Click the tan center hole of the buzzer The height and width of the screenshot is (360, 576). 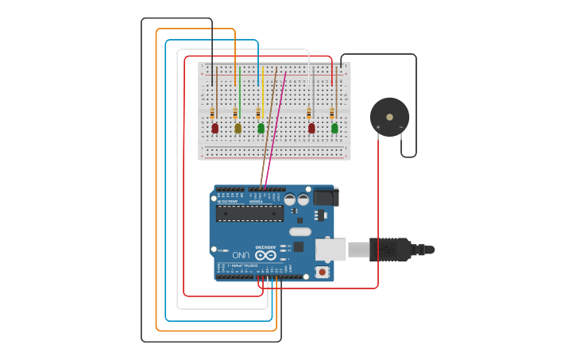pyautogui.click(x=389, y=117)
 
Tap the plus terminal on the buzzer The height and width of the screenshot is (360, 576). pyautogui.click(x=378, y=127)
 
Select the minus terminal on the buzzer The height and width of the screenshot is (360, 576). pyautogui.click(x=400, y=127)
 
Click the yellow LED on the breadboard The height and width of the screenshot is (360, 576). pyautogui.click(x=238, y=128)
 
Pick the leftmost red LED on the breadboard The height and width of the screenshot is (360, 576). pyautogui.click(x=215, y=128)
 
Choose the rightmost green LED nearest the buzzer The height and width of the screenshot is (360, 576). pyautogui.click(x=334, y=128)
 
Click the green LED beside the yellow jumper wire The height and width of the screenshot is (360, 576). pyautogui.click(x=261, y=128)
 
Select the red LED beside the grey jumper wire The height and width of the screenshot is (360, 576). pyautogui.click(x=311, y=128)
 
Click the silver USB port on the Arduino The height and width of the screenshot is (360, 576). pyautogui.click(x=331, y=250)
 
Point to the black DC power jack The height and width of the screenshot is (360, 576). pyautogui.click(x=324, y=196)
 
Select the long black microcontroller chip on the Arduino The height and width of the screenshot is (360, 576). pyautogui.click(x=249, y=213)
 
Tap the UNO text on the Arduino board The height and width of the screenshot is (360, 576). pyautogui.click(x=240, y=254)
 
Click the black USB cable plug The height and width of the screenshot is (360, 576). pyautogui.click(x=389, y=250)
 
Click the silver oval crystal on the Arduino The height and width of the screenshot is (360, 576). pyautogui.click(x=300, y=232)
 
